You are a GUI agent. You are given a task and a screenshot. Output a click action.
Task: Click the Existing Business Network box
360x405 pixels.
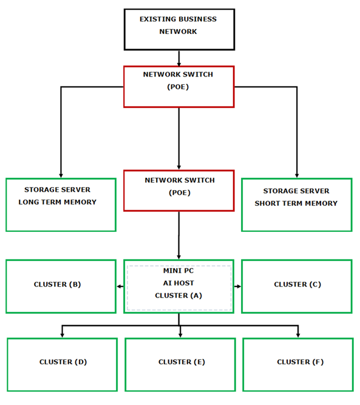(x=178, y=29)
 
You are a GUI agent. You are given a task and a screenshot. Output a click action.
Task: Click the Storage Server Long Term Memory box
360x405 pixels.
(x=61, y=205)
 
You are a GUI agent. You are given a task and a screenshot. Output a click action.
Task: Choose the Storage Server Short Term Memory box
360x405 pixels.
(x=296, y=205)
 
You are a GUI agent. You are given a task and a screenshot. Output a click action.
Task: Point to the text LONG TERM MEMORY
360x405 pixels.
(x=57, y=202)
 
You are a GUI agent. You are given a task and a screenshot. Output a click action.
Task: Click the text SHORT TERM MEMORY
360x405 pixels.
(x=296, y=203)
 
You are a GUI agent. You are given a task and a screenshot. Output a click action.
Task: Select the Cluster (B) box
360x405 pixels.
(x=61, y=286)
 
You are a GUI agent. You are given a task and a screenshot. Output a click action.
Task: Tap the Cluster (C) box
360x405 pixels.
(x=296, y=286)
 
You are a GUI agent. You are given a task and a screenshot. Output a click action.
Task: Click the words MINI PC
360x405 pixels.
(x=178, y=271)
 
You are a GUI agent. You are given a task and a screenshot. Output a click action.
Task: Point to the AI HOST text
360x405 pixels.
(x=178, y=283)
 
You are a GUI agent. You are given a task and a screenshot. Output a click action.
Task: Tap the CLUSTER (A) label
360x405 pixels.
(x=178, y=295)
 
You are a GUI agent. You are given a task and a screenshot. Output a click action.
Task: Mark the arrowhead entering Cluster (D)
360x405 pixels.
(x=62, y=335)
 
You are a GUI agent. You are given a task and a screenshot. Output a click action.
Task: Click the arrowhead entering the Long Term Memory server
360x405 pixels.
(x=61, y=175)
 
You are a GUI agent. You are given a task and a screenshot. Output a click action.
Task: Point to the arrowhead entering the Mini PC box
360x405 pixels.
(x=178, y=257)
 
